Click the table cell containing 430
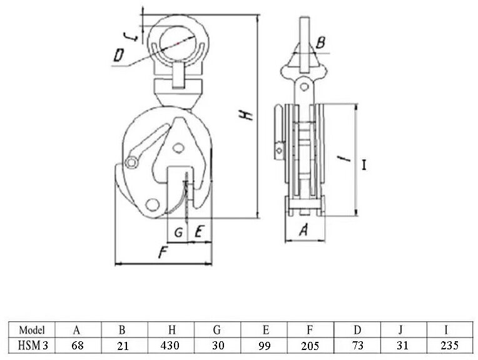[x=171, y=345]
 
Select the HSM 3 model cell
[x=31, y=345]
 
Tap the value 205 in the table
[x=311, y=345]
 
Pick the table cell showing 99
[x=264, y=345]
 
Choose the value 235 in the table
[x=449, y=345]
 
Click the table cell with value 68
[x=78, y=345]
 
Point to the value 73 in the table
[x=357, y=345]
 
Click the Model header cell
[x=31, y=330]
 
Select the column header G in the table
[x=218, y=330]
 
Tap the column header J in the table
[x=404, y=330]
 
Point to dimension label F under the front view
[x=162, y=253]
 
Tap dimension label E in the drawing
[x=198, y=231]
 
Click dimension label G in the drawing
[x=178, y=231]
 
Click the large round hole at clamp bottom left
[x=151, y=204]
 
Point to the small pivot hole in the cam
[x=180, y=147]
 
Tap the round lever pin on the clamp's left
[x=131, y=162]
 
